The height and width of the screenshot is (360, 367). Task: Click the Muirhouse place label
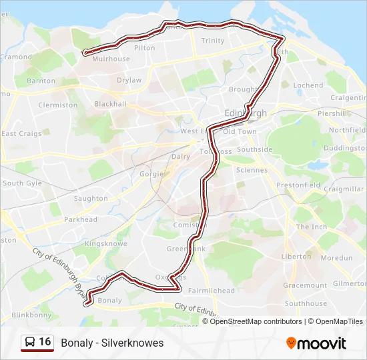click(x=111, y=59)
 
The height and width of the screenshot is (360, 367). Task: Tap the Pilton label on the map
click(x=145, y=48)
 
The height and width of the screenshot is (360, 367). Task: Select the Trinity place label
click(x=213, y=41)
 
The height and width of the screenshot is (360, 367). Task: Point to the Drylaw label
click(x=129, y=80)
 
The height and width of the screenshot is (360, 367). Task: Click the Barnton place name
click(x=41, y=81)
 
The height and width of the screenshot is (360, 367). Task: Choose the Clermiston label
click(x=58, y=105)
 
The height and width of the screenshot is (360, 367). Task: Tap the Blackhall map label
click(x=110, y=104)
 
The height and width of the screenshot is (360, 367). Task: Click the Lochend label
click(x=308, y=85)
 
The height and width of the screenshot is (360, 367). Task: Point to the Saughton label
click(x=91, y=199)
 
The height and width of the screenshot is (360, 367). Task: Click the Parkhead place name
click(x=81, y=219)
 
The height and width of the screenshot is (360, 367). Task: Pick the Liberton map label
click(x=296, y=256)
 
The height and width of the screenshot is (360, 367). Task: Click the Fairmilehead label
click(x=211, y=291)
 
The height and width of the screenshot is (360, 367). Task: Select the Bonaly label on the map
click(x=110, y=301)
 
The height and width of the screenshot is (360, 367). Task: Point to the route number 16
click(x=45, y=342)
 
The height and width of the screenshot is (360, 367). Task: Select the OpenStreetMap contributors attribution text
click(x=256, y=321)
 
